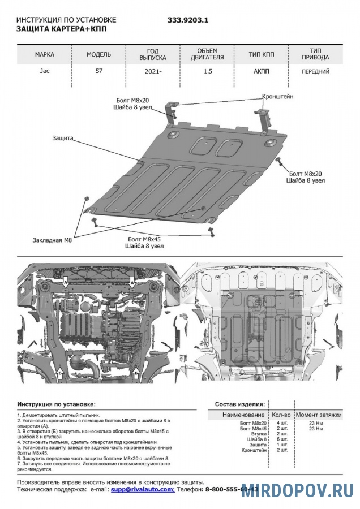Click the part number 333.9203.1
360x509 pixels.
pos(188,19)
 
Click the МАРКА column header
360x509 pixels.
pos(45,55)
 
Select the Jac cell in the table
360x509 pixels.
pos(44,72)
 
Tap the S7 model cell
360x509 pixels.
pos(98,72)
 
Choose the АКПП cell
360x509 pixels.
pos(262,72)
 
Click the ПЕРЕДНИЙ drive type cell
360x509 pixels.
pos(316,72)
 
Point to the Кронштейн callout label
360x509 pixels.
pos(278,97)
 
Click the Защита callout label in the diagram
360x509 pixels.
pos(63,138)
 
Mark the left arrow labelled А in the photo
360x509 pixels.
pos(66,281)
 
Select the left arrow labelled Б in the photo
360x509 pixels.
pos(59,373)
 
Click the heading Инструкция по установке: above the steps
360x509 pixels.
pos(57,404)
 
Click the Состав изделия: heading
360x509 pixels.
pos(239,404)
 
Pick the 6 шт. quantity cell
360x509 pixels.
pos(282,439)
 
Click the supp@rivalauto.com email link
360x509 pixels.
pos(142,489)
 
